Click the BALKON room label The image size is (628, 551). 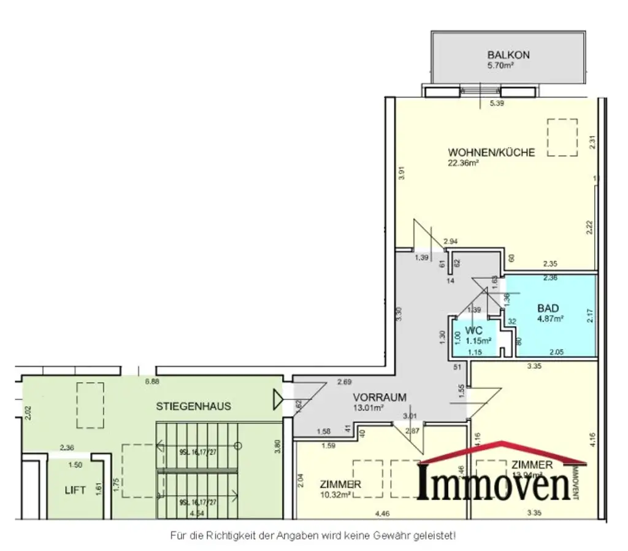(508, 55)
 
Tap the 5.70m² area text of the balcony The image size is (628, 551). (500, 65)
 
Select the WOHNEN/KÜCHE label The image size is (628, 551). (491, 152)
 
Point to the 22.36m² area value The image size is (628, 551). (463, 163)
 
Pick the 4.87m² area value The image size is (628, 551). (550, 318)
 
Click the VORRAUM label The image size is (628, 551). (379, 397)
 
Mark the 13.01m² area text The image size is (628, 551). (369, 407)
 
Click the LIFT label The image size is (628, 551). (75, 490)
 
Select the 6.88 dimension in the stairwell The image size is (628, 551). (151, 382)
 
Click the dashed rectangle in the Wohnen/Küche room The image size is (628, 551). (562, 138)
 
